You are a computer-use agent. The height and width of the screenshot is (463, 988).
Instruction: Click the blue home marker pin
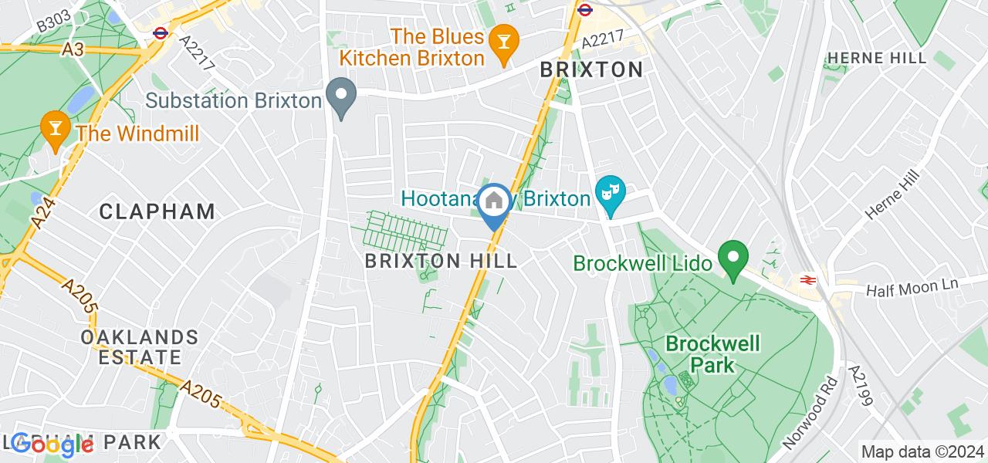click(493, 203)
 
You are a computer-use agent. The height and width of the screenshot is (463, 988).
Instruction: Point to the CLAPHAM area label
click(157, 211)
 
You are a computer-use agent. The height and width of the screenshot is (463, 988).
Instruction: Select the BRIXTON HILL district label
click(442, 261)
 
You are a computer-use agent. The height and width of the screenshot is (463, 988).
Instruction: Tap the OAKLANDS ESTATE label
click(140, 347)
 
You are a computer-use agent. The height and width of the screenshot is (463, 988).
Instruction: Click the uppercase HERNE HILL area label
click(876, 59)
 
